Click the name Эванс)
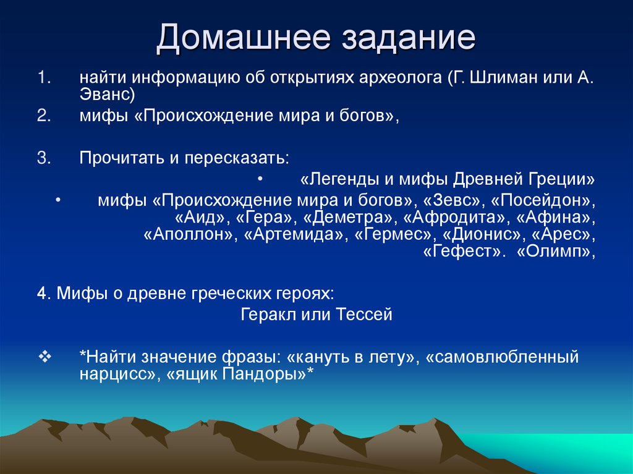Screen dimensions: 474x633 (x=107, y=95)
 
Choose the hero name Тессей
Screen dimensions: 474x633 (x=365, y=315)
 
